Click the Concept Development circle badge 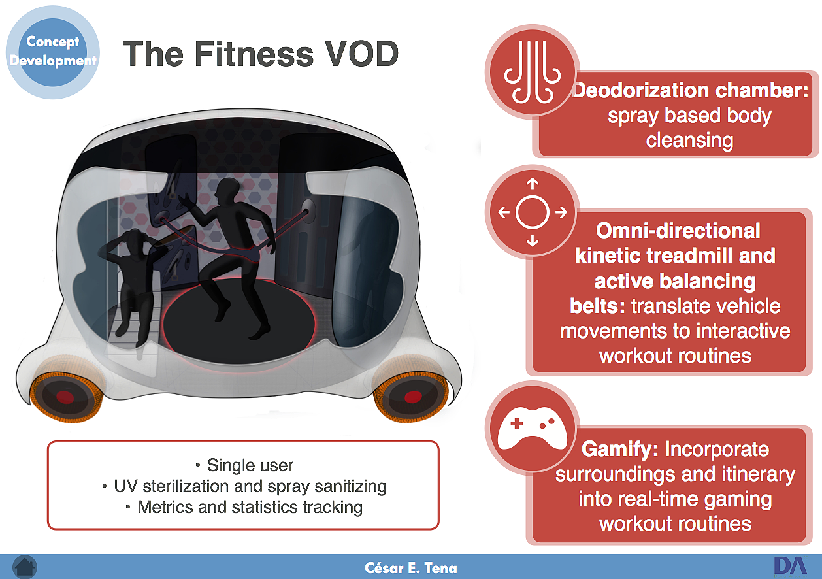tap(53, 52)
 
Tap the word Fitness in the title tap(254, 54)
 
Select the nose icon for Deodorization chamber tap(532, 71)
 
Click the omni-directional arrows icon tap(532, 212)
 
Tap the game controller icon tap(532, 428)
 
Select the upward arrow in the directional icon tap(533, 184)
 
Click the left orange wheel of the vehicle tap(65, 396)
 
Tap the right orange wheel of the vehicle tap(412, 396)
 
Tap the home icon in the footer tap(25, 567)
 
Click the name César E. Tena tap(411, 568)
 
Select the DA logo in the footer tap(791, 566)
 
